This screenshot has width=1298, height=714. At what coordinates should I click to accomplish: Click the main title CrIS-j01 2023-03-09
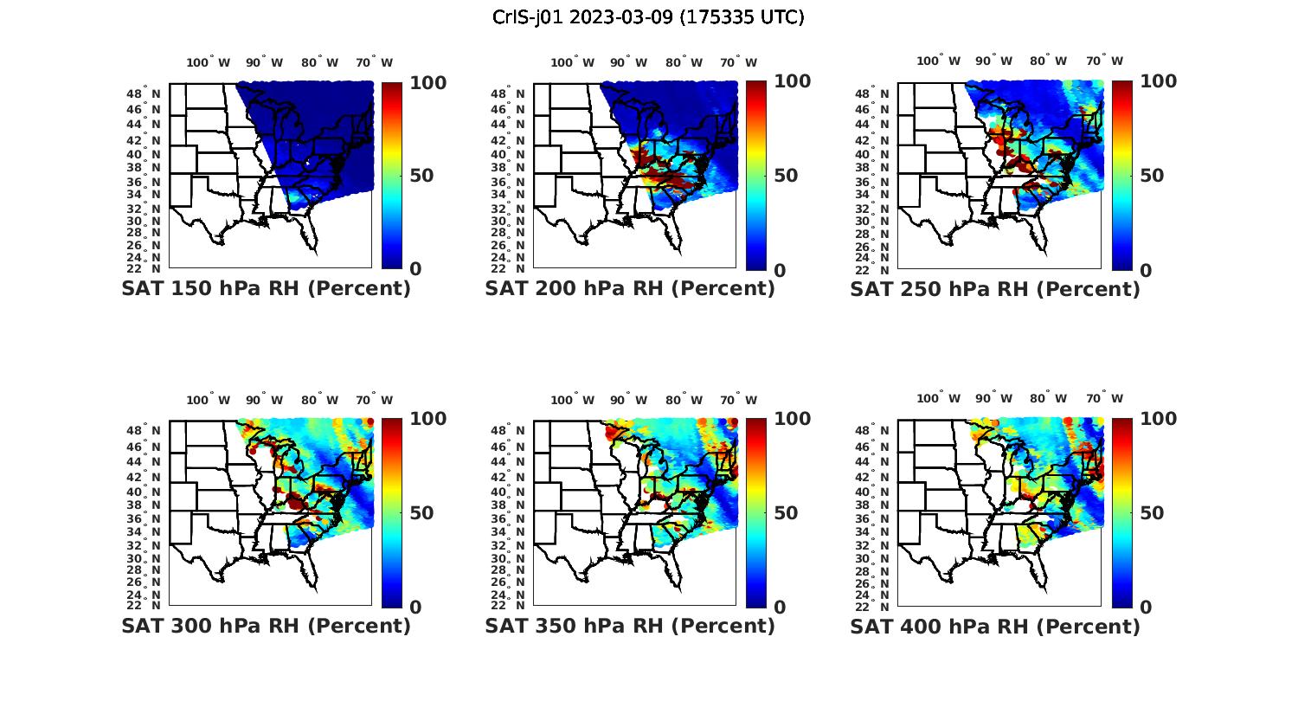pos(648,17)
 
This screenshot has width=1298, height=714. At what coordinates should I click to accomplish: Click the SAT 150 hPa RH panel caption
pos(266,289)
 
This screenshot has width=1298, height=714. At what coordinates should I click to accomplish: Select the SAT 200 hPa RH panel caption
pos(630,289)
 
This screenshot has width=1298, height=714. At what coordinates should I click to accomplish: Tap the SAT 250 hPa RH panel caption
pos(995,289)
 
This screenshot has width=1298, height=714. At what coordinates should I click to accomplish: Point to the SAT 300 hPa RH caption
pos(266,626)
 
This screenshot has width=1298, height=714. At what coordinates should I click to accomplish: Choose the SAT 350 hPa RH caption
pos(630,626)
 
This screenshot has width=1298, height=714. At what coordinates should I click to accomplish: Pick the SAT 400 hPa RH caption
pos(995,626)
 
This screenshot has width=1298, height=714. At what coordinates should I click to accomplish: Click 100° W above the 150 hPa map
pos(209,62)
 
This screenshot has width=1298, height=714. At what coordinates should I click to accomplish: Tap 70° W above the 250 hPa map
pos(1104,61)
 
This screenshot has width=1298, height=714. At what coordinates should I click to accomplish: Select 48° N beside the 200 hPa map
pos(508,93)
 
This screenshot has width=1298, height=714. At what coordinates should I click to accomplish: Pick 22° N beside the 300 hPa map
pos(144,605)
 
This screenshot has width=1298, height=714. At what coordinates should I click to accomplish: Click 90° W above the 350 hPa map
pos(628,400)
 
